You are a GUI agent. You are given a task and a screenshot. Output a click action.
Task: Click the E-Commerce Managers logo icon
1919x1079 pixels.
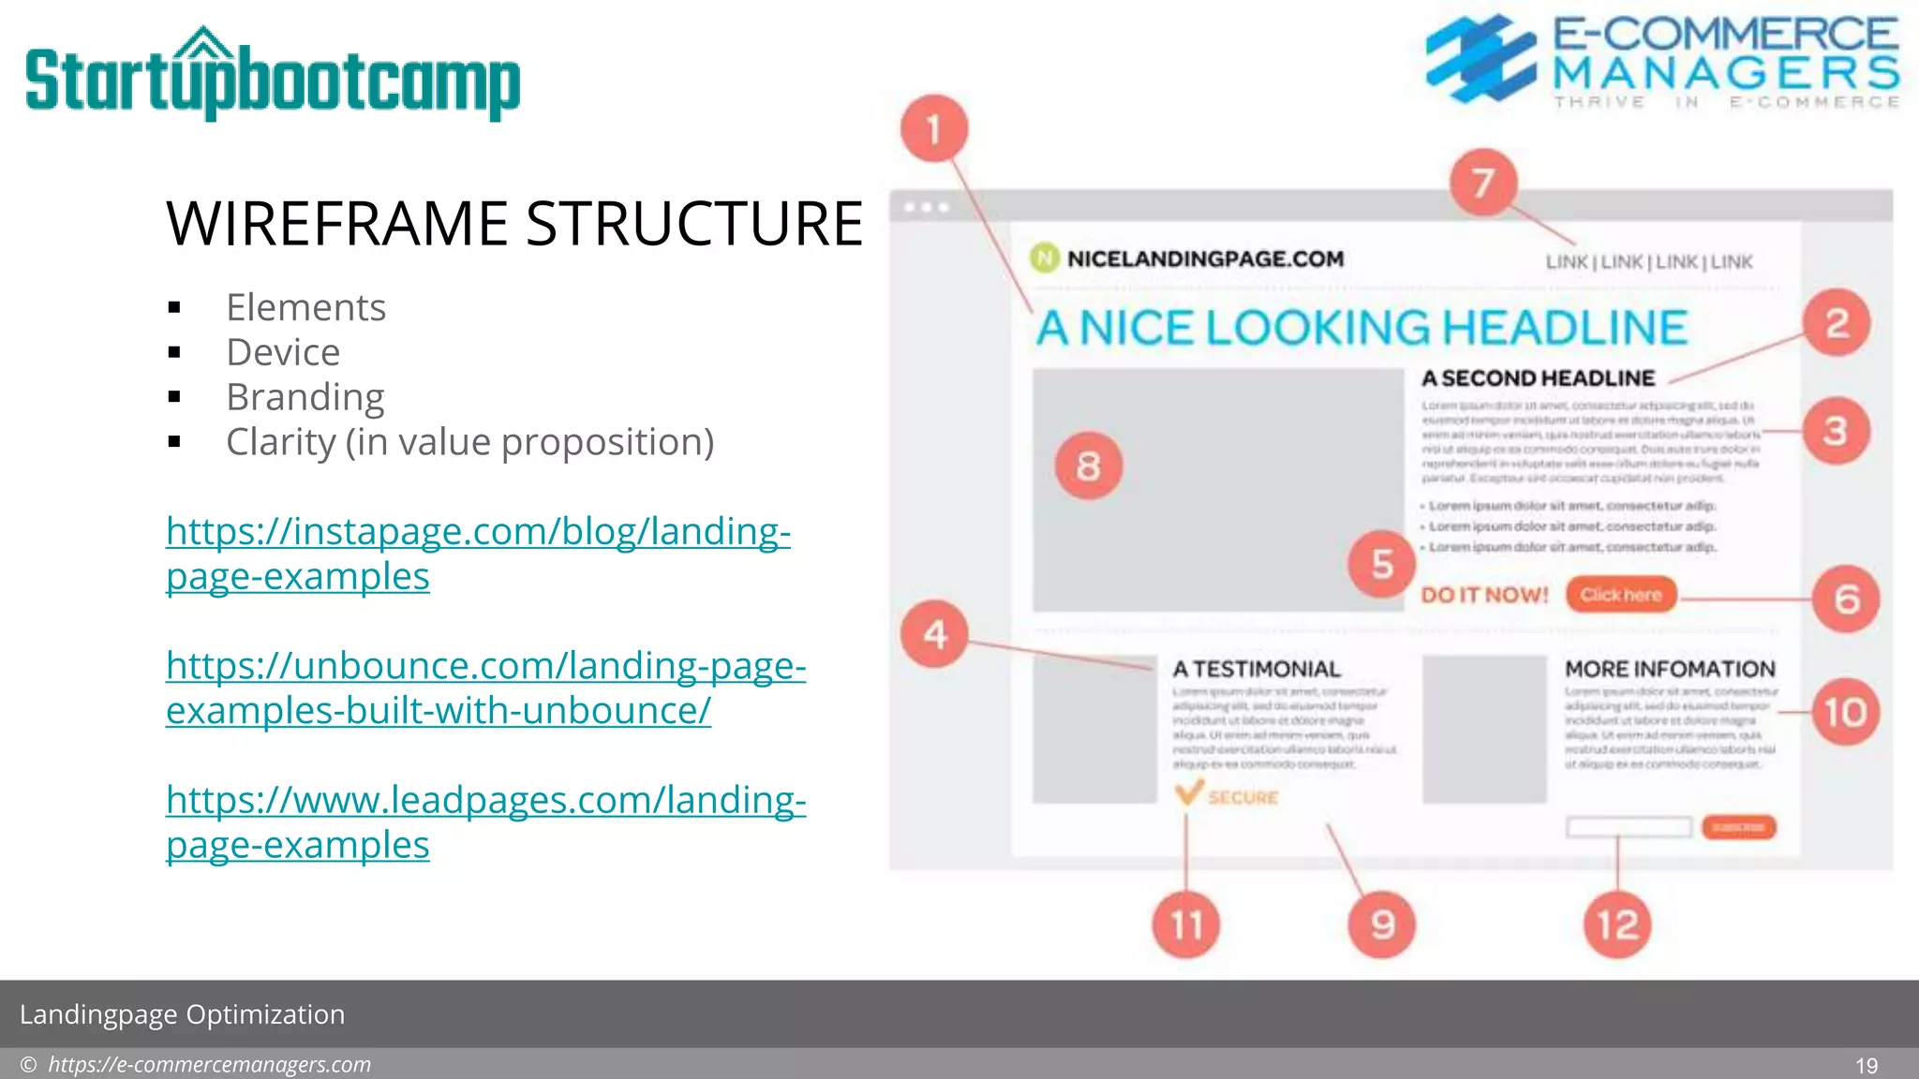click(1480, 58)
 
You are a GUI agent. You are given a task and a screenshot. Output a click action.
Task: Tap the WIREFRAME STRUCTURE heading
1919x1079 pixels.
click(513, 224)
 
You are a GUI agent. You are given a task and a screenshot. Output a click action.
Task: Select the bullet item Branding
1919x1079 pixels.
click(305, 397)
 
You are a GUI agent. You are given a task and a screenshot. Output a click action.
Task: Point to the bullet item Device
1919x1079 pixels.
click(283, 352)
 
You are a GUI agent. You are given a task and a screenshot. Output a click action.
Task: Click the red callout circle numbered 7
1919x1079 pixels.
click(1482, 183)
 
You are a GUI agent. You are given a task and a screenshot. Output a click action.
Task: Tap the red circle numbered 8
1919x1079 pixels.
click(1088, 466)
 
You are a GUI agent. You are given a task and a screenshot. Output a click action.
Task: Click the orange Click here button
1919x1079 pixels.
click(1620, 595)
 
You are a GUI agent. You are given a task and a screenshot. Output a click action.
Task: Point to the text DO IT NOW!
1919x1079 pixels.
click(1484, 595)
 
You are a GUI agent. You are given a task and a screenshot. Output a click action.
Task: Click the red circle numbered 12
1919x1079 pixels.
click(1616, 925)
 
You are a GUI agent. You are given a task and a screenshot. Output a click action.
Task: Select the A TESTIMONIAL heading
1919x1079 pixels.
click(1256, 669)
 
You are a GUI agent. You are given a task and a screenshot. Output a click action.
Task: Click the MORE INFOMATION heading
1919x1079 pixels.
click(1670, 669)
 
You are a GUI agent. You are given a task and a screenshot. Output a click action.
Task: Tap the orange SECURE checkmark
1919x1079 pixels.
click(1188, 794)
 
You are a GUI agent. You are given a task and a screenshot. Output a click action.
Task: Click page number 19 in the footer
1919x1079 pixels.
click(1866, 1065)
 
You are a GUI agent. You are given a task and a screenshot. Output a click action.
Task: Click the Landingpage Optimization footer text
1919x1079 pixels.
click(182, 1014)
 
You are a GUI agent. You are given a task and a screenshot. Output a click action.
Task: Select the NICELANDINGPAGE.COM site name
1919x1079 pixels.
click(1205, 259)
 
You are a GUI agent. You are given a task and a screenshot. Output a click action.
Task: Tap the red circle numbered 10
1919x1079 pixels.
click(1845, 713)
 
